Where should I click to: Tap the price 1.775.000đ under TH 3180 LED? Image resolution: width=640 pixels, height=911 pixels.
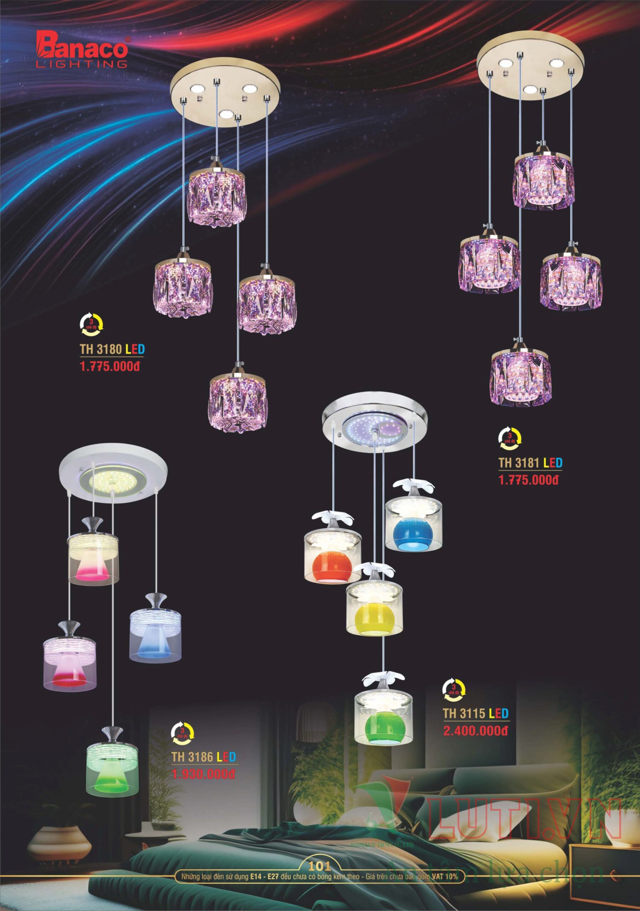click(110, 366)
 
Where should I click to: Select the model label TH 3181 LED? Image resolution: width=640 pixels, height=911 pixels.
click(530, 463)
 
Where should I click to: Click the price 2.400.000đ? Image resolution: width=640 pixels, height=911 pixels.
click(475, 731)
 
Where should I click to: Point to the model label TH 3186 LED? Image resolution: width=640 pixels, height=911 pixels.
click(204, 757)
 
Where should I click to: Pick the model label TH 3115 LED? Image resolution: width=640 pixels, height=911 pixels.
click(475, 713)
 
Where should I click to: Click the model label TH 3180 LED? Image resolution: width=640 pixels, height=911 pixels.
click(112, 349)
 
